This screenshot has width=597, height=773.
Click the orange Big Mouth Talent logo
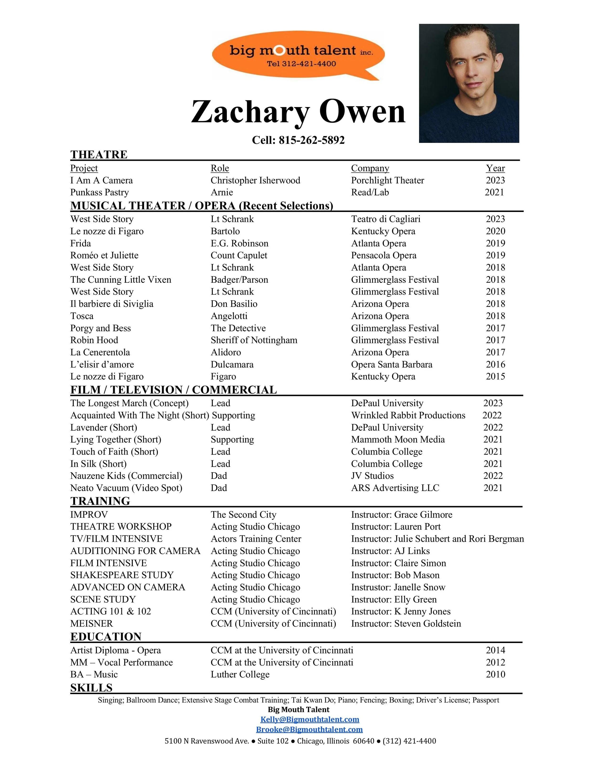click(298, 55)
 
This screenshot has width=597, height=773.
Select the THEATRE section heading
click(99, 155)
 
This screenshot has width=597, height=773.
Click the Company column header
click(370, 168)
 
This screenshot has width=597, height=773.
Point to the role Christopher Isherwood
click(255, 180)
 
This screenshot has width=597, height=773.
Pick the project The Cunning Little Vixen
click(121, 280)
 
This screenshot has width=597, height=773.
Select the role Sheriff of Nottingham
click(254, 340)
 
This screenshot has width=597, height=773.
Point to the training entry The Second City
click(243, 515)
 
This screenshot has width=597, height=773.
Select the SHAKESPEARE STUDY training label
click(122, 575)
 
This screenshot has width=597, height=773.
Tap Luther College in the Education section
click(240, 675)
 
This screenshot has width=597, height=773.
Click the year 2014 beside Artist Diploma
click(495, 650)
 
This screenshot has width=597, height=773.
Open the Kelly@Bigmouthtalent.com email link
click(309, 719)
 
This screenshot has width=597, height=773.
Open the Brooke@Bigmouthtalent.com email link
click(309, 730)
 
